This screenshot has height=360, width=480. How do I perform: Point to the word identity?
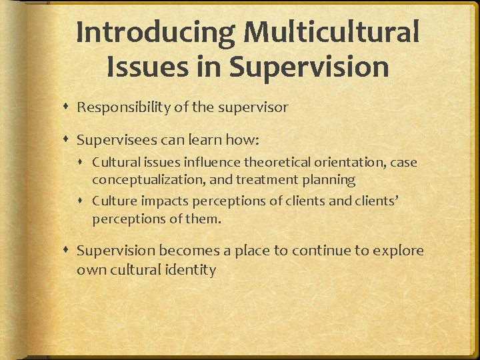[x=192, y=270]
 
